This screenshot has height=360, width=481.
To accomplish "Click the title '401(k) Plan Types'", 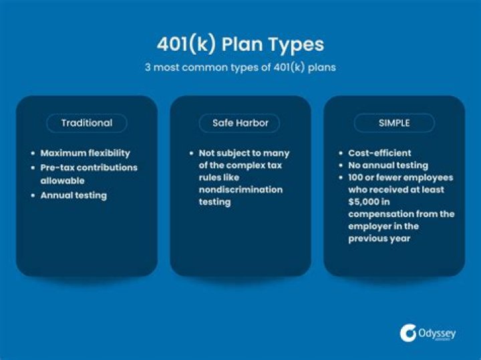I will pos(240,44).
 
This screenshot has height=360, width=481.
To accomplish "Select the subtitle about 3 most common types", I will pos(240,67).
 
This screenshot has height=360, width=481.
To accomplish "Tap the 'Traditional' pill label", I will pos(87,123).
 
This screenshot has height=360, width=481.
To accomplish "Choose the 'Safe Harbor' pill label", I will pos(240,123).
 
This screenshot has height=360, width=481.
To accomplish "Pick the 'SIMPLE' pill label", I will pos(394,123).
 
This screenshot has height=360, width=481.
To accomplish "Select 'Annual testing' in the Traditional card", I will pos(73,196).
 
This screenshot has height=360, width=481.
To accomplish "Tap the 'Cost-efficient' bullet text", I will pos(380,153).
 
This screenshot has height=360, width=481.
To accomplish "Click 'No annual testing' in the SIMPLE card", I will pos(388,165).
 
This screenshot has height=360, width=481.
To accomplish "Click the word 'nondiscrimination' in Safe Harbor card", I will pos(240,190).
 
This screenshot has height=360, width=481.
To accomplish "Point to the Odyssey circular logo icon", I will pos(408,333).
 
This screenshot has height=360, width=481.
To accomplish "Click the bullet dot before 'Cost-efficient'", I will pos(340,153).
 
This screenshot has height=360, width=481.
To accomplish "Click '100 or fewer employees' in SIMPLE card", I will pos(400,178).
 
